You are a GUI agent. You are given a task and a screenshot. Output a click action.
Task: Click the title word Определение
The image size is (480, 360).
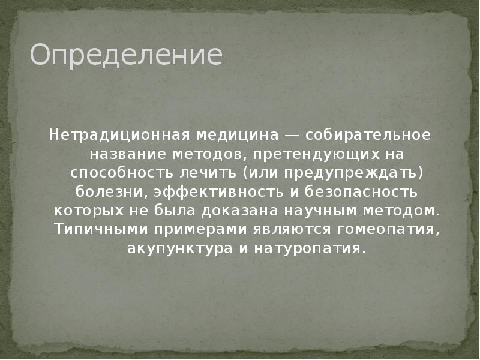tap(127, 55)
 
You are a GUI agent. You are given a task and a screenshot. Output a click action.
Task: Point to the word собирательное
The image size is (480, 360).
tap(370, 134)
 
